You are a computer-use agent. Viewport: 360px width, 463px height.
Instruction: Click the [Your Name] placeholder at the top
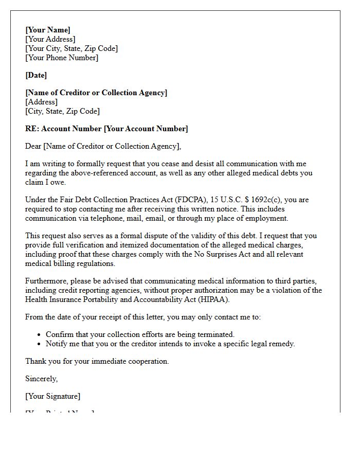click(48, 30)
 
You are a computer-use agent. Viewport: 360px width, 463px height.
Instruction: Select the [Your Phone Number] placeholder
click(62, 58)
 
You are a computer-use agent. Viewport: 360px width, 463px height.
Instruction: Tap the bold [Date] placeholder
click(36, 75)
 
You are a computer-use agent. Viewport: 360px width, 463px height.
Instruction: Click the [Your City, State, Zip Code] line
click(71, 48)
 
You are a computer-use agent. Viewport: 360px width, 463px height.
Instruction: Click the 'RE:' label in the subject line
click(32, 129)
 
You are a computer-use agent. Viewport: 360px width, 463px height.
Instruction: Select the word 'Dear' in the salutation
click(33, 146)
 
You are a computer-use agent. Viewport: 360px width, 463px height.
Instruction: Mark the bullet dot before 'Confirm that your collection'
click(39, 334)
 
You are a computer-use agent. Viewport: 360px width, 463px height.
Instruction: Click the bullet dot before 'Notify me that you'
click(39, 344)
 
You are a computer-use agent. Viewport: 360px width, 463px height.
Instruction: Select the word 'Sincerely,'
click(42, 379)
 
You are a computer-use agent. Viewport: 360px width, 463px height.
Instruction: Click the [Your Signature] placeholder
click(53, 396)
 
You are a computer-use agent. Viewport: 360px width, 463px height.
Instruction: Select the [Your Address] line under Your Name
click(50, 39)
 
